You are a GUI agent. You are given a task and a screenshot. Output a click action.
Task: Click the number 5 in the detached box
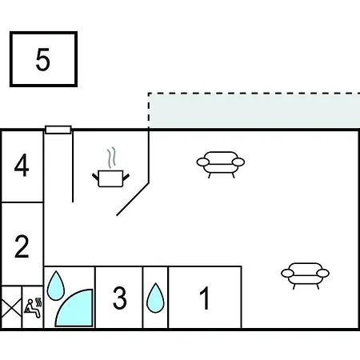click(42, 59)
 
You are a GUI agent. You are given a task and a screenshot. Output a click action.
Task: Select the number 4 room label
click(22, 165)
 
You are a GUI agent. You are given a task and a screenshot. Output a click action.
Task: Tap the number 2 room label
click(22, 246)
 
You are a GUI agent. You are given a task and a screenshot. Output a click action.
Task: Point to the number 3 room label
click(119, 298)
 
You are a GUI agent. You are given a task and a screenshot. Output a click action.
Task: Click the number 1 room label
click(205, 298)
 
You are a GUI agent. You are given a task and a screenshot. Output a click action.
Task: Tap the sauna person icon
click(33, 308)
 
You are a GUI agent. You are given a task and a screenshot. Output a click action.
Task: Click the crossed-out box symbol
click(11, 308)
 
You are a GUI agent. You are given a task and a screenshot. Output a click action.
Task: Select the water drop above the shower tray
click(56, 286)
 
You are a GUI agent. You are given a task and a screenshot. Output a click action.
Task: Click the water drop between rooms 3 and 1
click(155, 298)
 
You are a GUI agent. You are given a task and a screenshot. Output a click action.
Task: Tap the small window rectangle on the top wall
click(58, 130)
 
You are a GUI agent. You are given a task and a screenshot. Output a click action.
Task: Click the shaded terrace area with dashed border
click(254, 111)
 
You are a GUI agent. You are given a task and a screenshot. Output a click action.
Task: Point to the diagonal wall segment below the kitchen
click(133, 199)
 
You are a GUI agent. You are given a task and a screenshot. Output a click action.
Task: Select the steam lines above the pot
click(112, 158)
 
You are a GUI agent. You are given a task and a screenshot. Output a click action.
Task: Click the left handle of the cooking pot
click(95, 177)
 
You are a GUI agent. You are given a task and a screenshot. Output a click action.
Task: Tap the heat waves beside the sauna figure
click(39, 302)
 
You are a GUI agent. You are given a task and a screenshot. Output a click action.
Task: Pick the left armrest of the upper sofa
click(203, 162)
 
